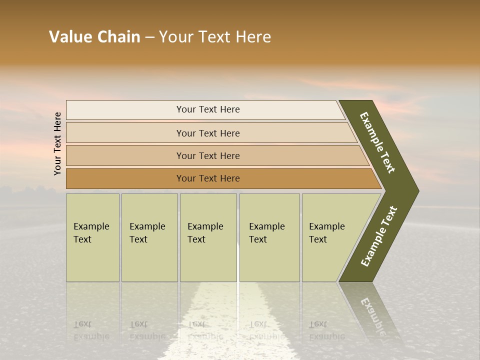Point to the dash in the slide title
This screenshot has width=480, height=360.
pos(149,37)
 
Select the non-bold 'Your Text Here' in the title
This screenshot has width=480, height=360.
pos(215,37)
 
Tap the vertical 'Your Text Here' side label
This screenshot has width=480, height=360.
pos(57,144)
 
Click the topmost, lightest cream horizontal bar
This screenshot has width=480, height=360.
pos(208,109)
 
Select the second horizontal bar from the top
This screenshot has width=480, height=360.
pos(208,133)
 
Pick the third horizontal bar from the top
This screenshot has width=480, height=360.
pos(208,155)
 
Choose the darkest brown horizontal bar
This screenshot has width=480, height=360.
pos(208,178)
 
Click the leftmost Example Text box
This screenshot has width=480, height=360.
pos(92,237)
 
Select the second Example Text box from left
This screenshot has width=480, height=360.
pos(149,237)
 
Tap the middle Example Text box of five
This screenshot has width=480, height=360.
pos(208,237)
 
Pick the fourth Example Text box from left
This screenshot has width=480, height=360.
pos(269,237)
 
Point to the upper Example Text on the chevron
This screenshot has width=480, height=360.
pos(377,142)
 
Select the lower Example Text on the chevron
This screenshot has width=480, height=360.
pos(379,236)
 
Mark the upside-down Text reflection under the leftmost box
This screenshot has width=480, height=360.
pos(82,324)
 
